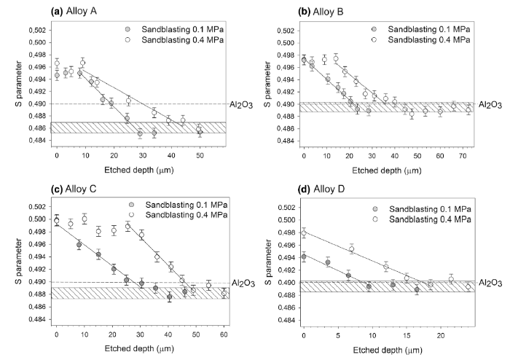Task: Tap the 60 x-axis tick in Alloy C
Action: (224, 334)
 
